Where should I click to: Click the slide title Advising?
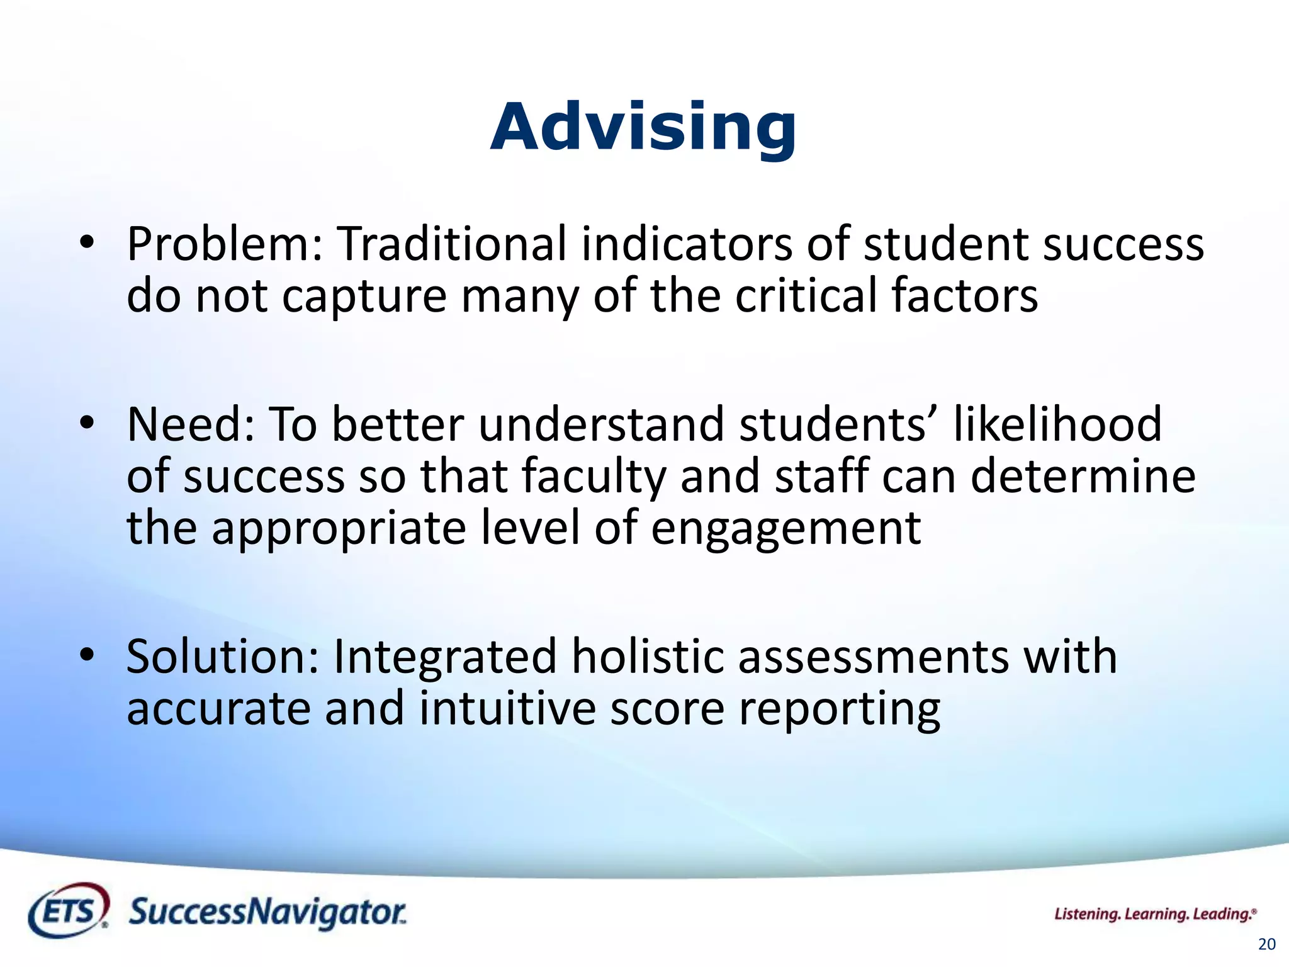[x=643, y=128]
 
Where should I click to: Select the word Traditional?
[x=451, y=244]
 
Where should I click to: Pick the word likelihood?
[x=1057, y=425]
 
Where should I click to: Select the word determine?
[x=1083, y=477]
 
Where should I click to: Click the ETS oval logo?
[x=69, y=911]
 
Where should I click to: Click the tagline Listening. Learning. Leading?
[x=1155, y=914]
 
